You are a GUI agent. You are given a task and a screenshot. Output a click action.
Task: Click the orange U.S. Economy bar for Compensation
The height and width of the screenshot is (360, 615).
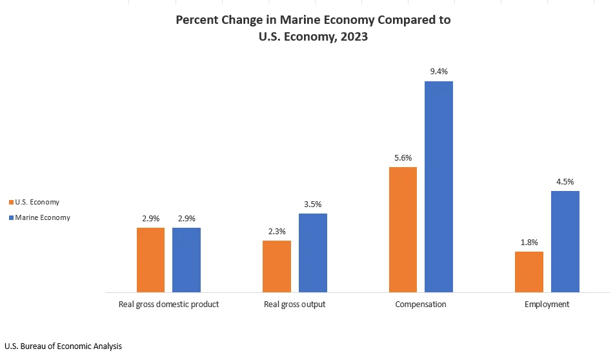(403, 230)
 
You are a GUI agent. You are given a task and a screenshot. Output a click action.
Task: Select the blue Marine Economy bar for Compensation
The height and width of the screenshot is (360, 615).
(439, 187)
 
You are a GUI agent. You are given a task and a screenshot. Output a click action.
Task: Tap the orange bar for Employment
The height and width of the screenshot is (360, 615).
(529, 272)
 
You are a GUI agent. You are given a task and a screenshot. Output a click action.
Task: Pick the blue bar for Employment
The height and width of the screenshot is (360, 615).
(565, 242)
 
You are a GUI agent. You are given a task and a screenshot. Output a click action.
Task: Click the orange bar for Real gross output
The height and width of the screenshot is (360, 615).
(277, 266)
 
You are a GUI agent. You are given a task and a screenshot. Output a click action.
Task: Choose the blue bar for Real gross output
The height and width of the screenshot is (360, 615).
(313, 253)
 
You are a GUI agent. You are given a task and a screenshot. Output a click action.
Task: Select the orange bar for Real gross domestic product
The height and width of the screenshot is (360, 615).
(150, 260)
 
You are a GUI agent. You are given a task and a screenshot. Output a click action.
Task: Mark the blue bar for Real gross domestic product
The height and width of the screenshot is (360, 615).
(187, 260)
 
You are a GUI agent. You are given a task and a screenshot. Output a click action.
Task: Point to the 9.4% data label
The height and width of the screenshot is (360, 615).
(439, 72)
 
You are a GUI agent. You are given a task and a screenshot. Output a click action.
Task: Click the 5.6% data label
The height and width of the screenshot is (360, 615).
(403, 157)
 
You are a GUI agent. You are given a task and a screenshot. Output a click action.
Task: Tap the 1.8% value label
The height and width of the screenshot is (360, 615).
(529, 242)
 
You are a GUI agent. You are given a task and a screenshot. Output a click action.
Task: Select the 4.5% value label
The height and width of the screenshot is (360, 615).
(565, 181)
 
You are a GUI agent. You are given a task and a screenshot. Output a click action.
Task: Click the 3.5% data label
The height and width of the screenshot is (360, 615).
(313, 204)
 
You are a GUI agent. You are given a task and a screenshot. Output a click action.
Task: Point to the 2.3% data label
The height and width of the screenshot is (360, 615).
(277, 231)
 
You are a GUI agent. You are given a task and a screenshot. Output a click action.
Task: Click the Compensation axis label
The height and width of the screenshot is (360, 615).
(421, 304)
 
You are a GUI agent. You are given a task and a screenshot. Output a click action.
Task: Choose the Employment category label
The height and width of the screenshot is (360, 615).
(547, 304)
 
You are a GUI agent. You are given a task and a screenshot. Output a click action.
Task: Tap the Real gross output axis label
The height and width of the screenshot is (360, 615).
(295, 304)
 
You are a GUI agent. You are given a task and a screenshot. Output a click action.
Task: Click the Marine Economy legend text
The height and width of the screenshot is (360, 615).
(43, 217)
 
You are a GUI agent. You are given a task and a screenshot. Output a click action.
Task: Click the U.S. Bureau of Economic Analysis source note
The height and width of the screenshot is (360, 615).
(63, 346)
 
